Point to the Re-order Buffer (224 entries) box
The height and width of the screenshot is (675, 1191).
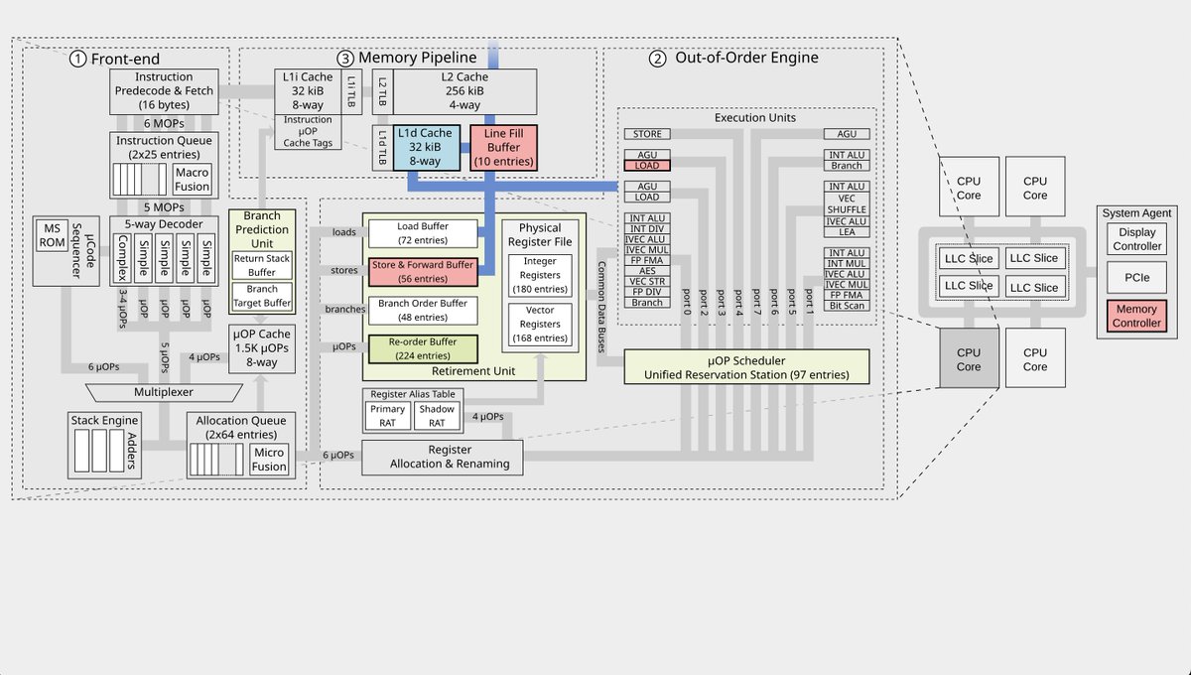(x=422, y=348)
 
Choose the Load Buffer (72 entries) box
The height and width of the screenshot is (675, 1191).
(x=422, y=233)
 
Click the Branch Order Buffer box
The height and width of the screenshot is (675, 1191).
(x=422, y=310)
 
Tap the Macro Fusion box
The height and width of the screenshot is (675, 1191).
(x=192, y=180)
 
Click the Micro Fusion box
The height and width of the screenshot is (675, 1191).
(x=268, y=460)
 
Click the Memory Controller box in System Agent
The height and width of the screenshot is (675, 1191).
(x=1135, y=316)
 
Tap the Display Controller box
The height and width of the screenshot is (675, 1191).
(x=1135, y=238)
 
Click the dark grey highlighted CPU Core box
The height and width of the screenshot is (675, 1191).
(x=969, y=359)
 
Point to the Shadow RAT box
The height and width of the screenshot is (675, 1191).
(x=436, y=415)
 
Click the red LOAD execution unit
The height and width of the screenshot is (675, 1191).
(x=646, y=165)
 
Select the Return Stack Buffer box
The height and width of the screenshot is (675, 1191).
(x=261, y=264)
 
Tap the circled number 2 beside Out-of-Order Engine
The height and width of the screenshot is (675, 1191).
(x=657, y=58)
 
